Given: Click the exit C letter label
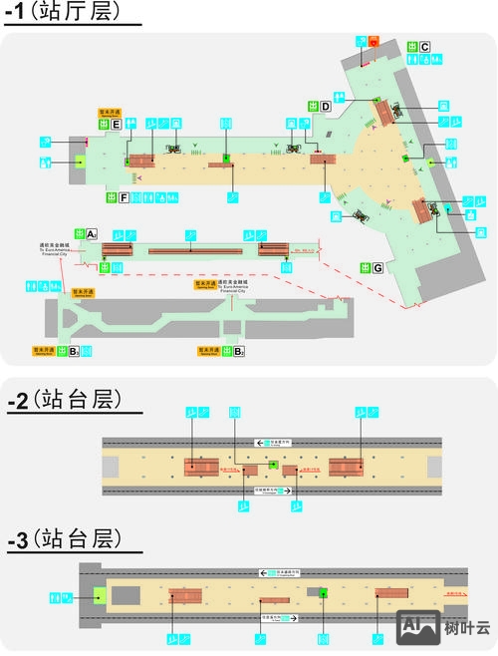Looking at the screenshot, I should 424,47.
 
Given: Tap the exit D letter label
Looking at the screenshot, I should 326,106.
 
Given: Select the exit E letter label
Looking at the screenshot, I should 117,125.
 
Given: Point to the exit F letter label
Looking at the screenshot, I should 124,197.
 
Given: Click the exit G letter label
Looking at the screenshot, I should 378,267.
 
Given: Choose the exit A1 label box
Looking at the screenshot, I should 91,234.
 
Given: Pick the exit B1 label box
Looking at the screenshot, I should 74,351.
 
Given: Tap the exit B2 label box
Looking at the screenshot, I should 239,351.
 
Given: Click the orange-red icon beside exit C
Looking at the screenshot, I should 373,42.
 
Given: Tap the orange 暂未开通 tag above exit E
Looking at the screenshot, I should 110,113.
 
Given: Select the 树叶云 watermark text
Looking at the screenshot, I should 467,628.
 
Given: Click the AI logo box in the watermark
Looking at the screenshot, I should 419,626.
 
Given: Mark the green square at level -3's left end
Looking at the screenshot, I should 99,595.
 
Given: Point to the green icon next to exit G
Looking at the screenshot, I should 363,267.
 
